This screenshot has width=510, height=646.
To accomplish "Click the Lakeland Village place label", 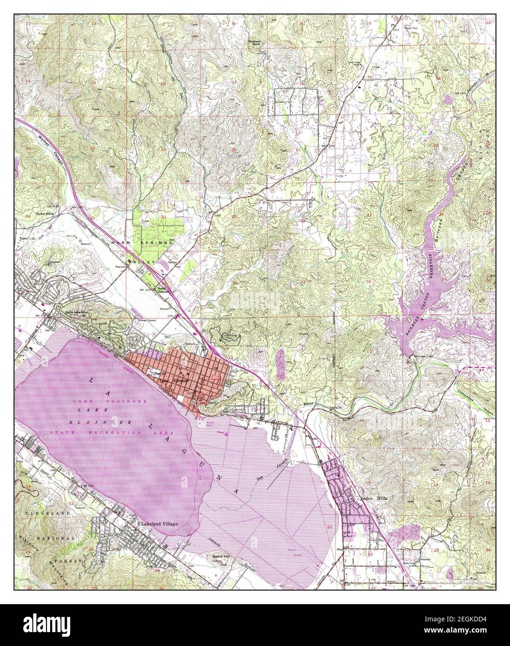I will (x=158, y=523).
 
